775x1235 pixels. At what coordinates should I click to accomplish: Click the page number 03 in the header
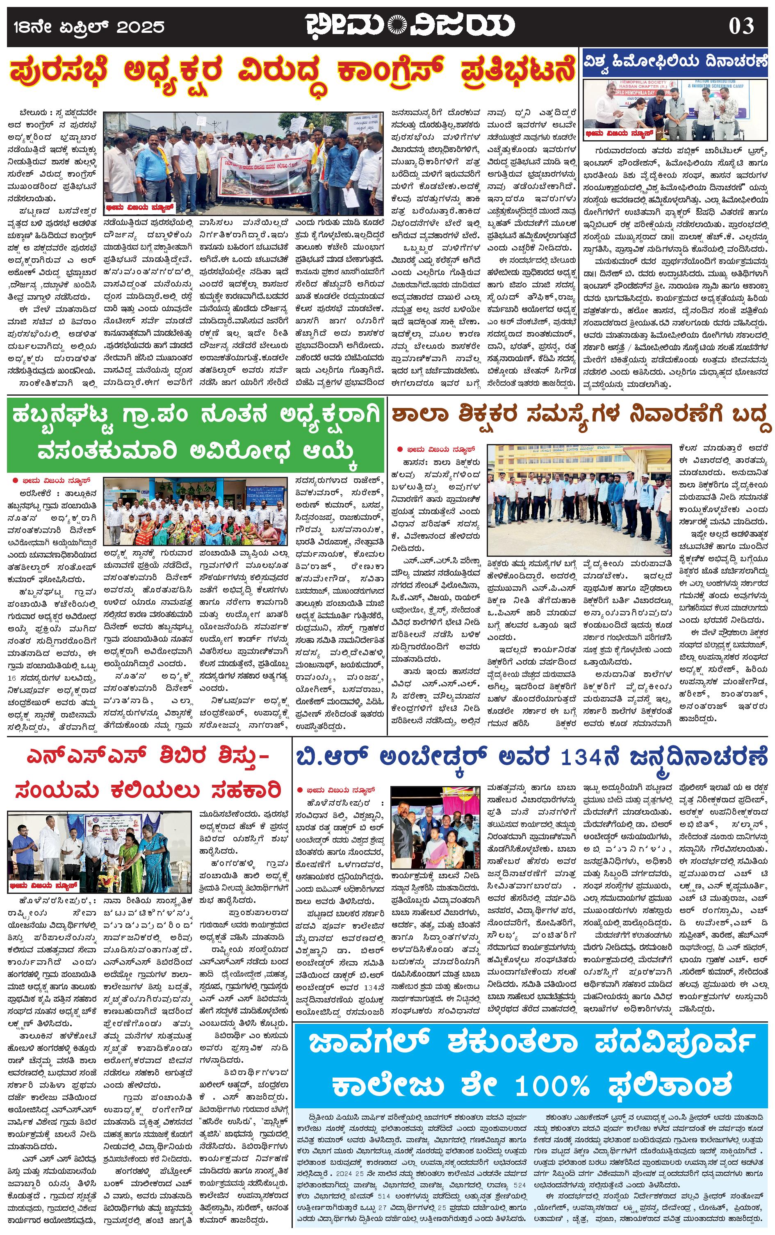point(741,25)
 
